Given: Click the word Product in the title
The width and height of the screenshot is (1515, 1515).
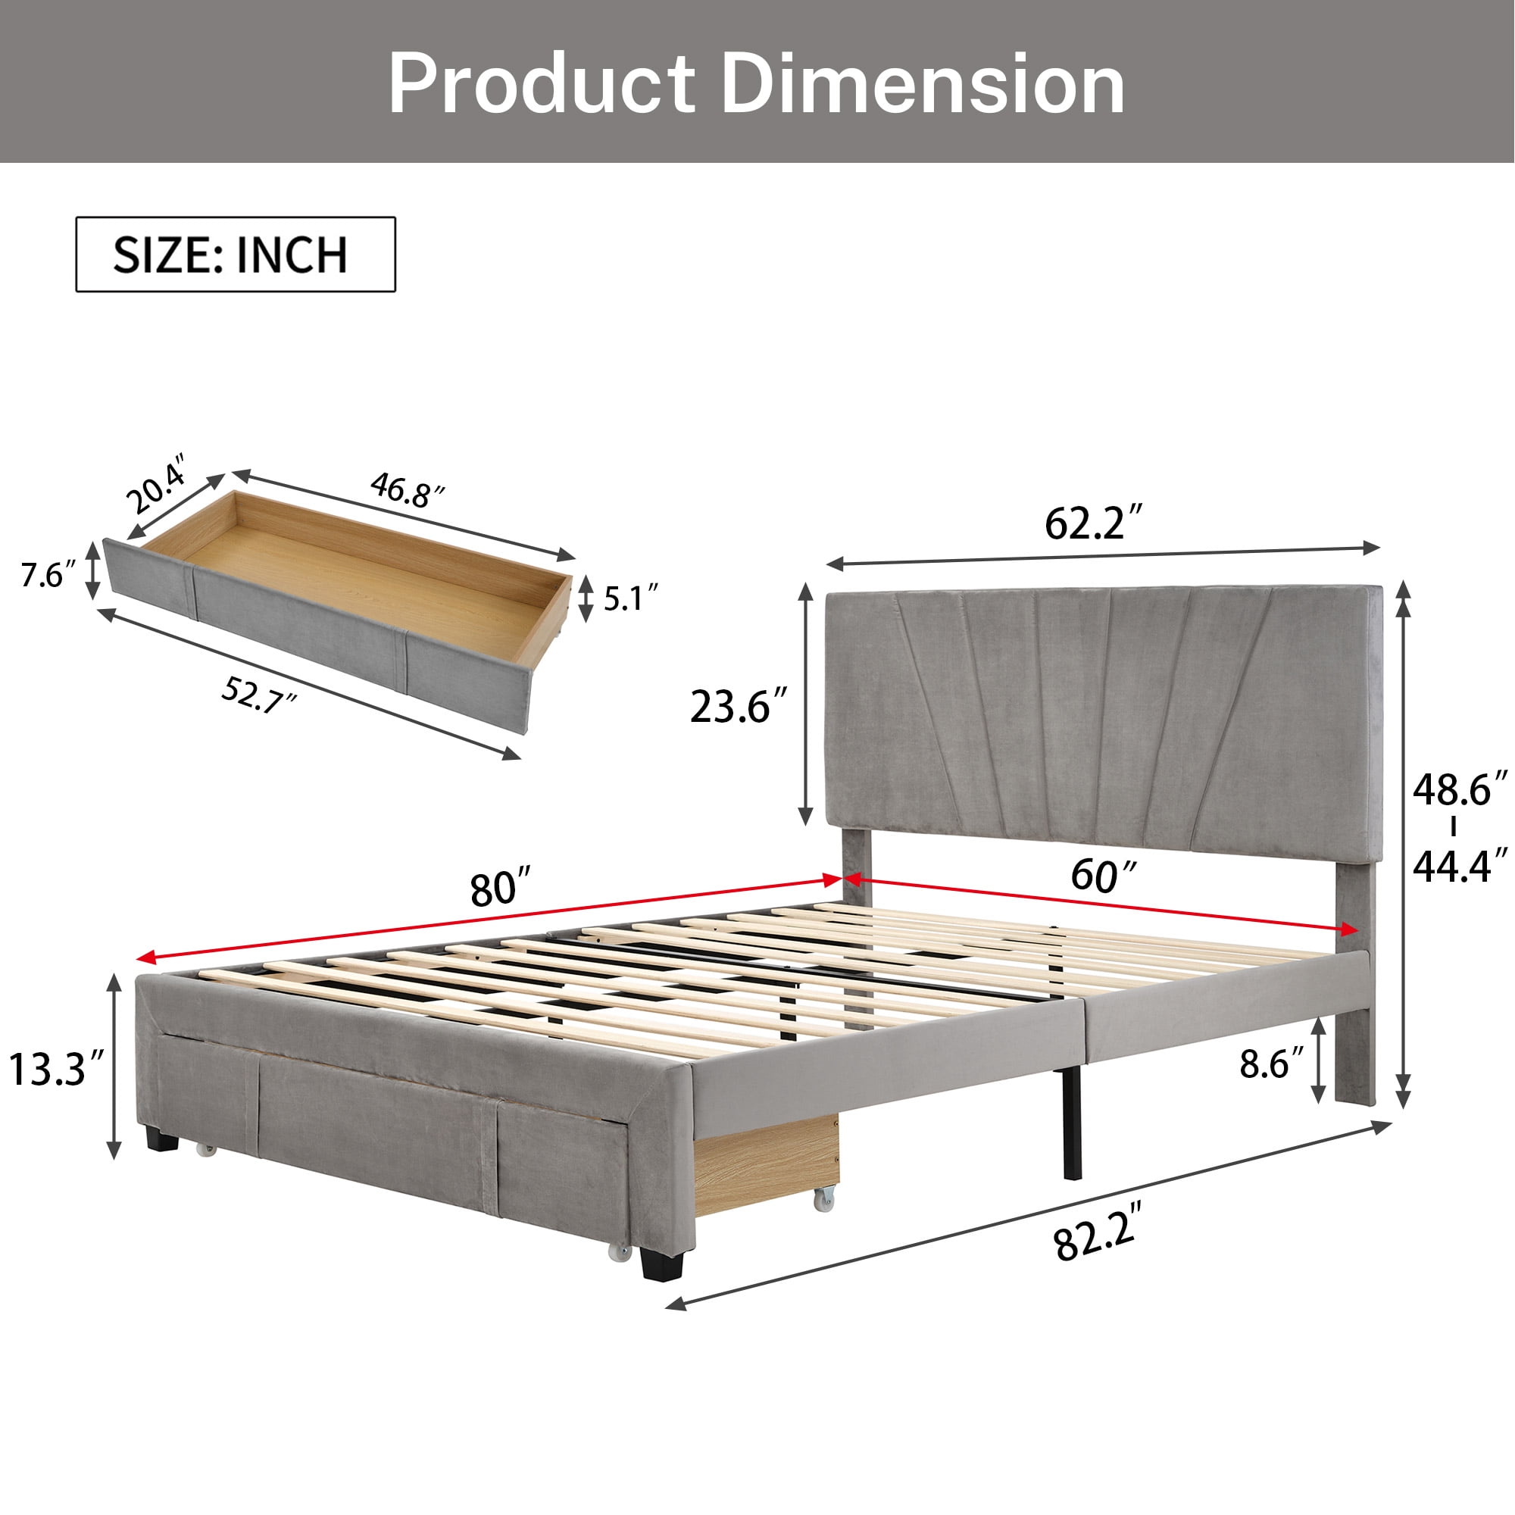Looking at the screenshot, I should pos(542,85).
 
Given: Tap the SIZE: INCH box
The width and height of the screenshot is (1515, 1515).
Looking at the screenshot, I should pos(236,255).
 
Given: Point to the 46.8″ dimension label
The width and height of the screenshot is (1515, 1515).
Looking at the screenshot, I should pos(407,490).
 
